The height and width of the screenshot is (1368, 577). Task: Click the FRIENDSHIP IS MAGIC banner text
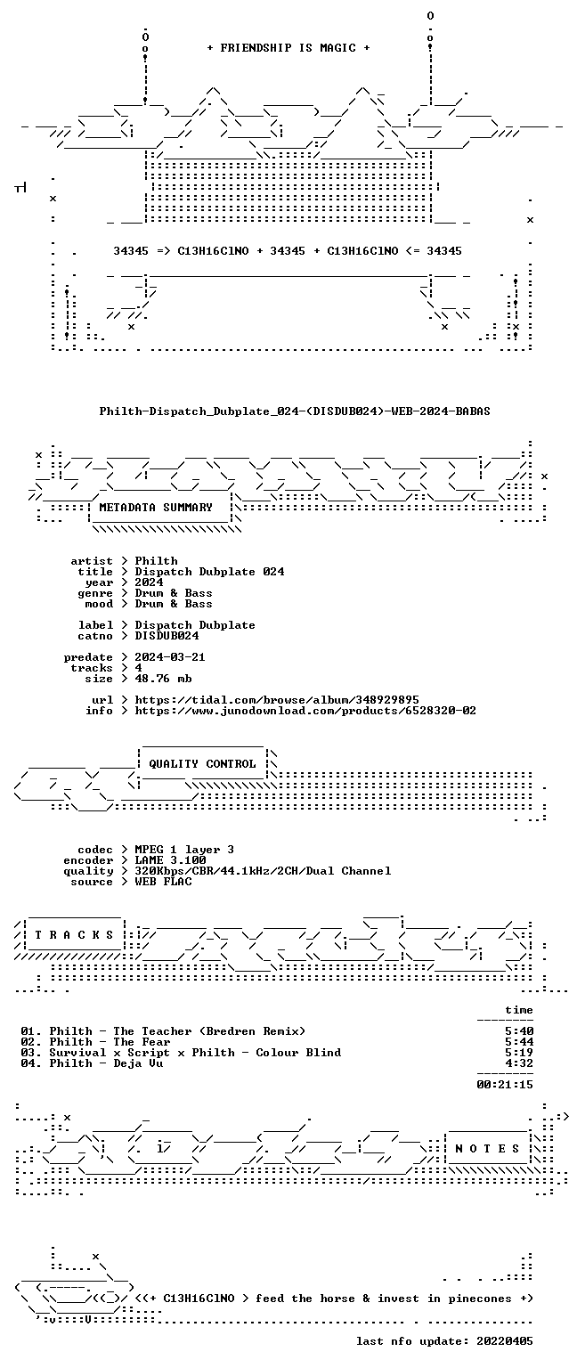coord(288,47)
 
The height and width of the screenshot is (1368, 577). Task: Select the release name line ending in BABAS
coord(295,411)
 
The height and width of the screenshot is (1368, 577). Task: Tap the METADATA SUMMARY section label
coord(156,508)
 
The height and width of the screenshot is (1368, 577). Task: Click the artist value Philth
coord(157,561)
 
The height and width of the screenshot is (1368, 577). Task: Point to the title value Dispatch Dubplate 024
coord(209,572)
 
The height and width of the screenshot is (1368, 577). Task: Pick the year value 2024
coord(149,582)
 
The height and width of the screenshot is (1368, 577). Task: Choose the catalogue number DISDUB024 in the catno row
coord(167,636)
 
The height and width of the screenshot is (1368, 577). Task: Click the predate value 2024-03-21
coord(170,657)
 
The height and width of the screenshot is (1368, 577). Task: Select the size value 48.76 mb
coord(163,679)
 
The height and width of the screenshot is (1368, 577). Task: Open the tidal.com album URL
coord(277,700)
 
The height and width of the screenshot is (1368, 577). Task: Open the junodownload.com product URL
coord(305,711)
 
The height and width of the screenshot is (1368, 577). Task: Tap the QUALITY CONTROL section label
coord(202,764)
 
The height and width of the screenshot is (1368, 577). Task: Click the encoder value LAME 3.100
coord(170,860)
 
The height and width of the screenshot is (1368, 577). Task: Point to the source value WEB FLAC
coord(163,882)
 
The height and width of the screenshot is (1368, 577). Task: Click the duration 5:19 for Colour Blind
coord(519,1053)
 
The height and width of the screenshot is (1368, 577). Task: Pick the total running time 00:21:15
coord(505,1085)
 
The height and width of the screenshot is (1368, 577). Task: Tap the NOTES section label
coord(487,1149)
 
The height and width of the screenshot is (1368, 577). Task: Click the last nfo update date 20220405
coord(505,1341)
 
